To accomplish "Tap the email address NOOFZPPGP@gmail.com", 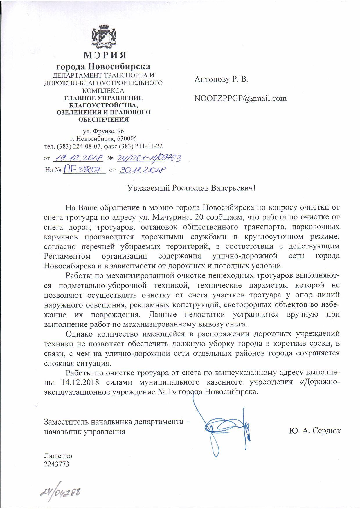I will click(240, 98).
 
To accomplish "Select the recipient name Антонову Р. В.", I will click(222, 79).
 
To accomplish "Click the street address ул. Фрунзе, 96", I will click(103, 131).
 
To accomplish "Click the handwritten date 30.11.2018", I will click(142, 170).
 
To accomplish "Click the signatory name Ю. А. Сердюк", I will click(315, 431).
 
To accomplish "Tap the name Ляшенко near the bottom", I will click(58, 456).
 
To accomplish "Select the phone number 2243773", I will click(56, 464).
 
